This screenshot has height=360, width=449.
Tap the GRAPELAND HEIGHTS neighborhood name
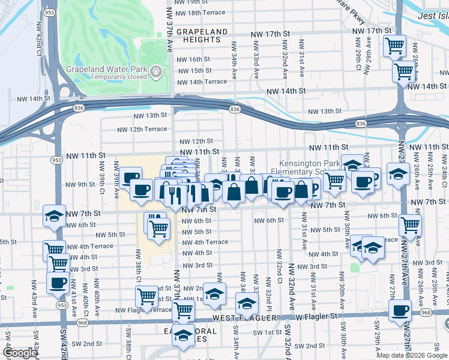[x=193, y=35]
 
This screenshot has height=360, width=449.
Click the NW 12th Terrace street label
[x=142, y=129]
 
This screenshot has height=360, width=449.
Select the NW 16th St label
[x=193, y=59]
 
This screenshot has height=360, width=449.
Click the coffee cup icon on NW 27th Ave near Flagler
[x=400, y=310]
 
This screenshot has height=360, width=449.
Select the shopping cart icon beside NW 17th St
[x=395, y=45]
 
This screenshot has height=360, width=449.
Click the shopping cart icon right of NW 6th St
[x=411, y=226]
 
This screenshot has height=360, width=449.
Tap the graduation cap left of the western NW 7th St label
[x=54, y=216]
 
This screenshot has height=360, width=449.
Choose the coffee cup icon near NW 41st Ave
[x=58, y=283]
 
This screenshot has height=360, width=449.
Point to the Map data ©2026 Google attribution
[x=411, y=355]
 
